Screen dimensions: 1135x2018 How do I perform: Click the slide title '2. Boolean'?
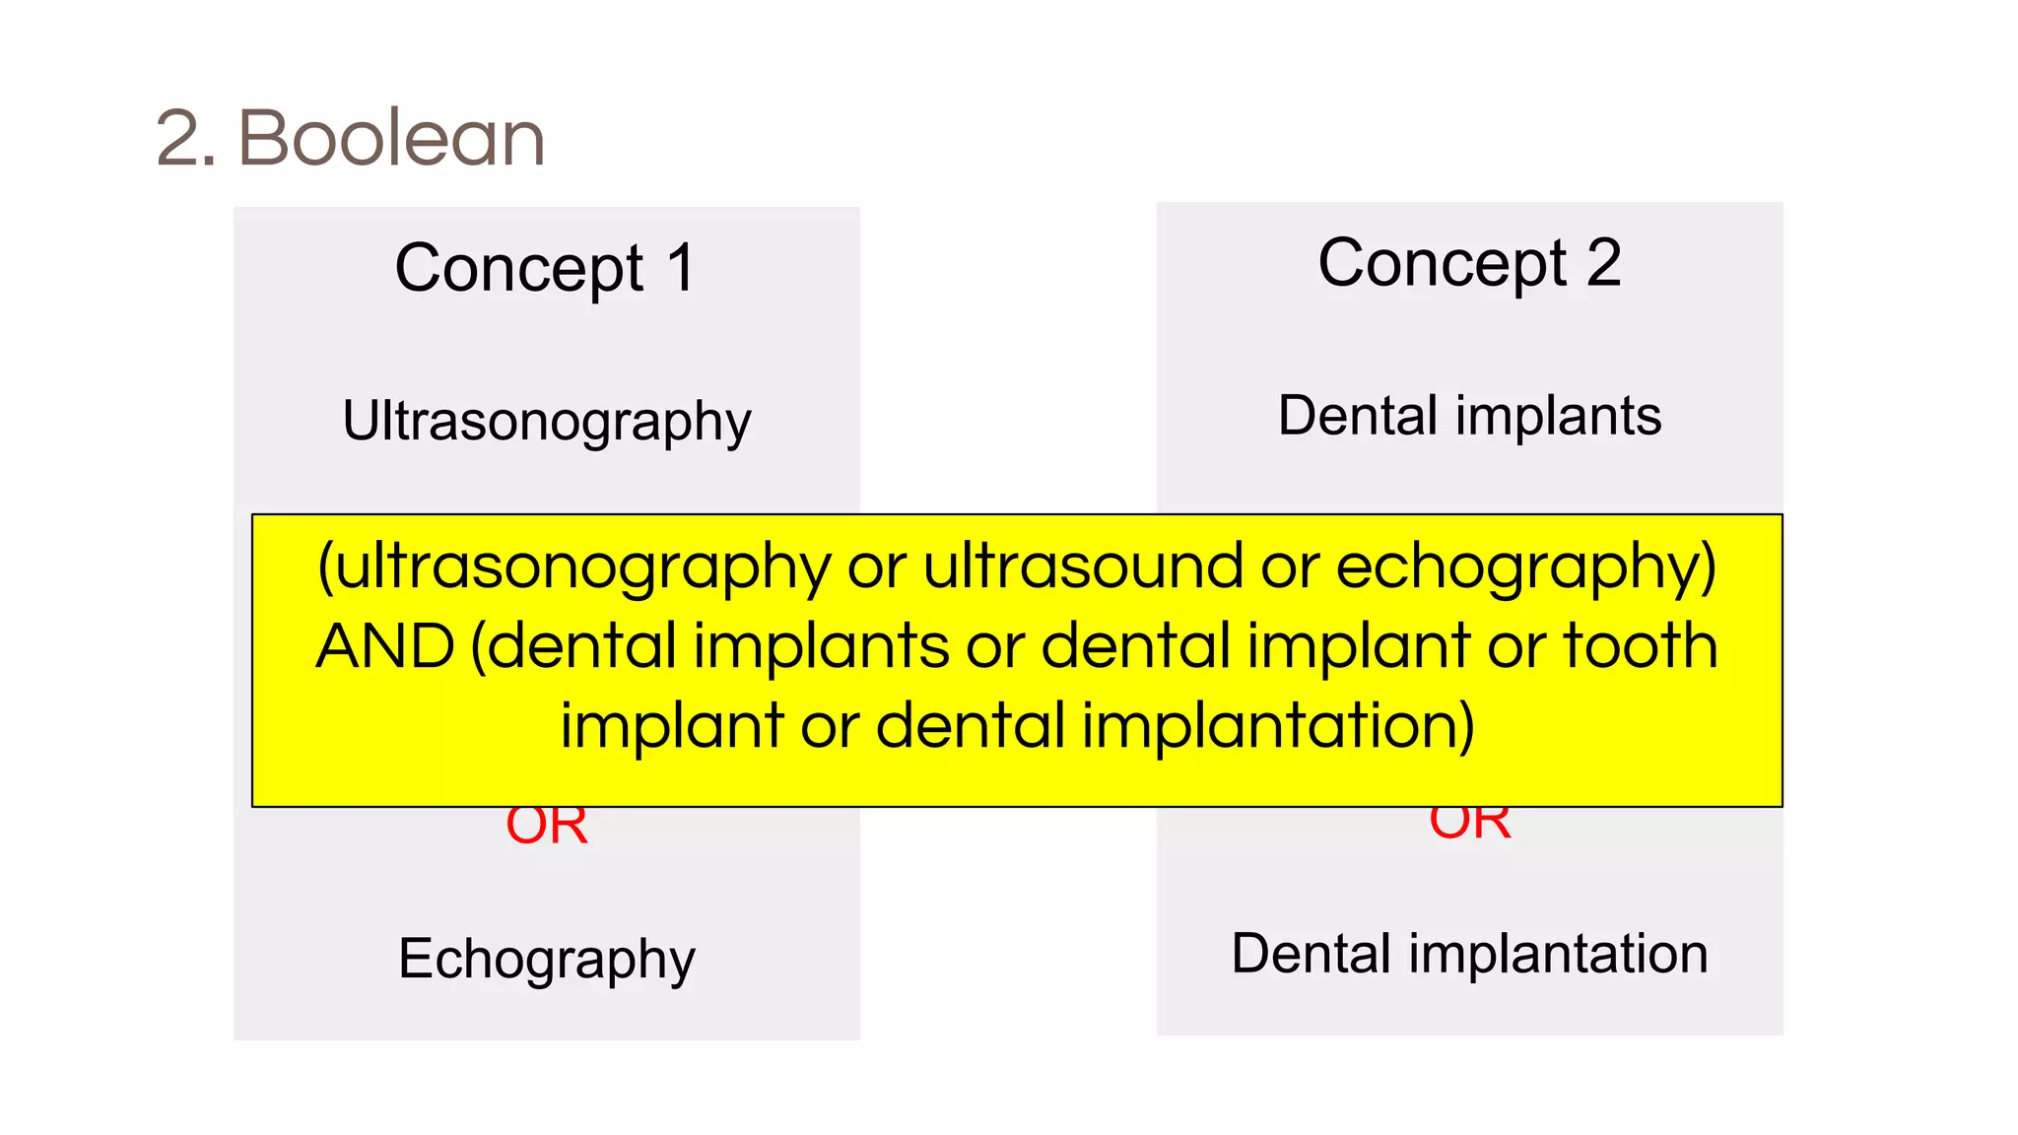pyautogui.click(x=350, y=138)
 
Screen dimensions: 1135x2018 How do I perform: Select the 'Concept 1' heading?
pyautogui.click(x=546, y=268)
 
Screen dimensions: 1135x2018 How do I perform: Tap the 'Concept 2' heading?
pyautogui.click(x=1469, y=263)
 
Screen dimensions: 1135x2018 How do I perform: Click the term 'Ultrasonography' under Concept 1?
pyautogui.click(x=546, y=421)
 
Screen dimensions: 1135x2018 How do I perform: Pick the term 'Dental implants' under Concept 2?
pyautogui.click(x=1469, y=416)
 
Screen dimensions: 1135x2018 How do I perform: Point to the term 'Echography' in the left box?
pyautogui.click(x=546, y=959)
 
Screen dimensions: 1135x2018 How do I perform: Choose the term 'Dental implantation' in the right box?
pyautogui.click(x=1469, y=954)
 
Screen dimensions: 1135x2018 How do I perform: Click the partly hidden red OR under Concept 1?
pyautogui.click(x=547, y=828)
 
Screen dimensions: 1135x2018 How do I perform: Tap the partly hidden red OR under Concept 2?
pyautogui.click(x=1470, y=824)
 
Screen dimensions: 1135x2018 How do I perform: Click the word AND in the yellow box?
pyautogui.click(x=385, y=646)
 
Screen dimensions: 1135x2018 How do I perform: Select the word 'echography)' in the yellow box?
pyautogui.click(x=1526, y=567)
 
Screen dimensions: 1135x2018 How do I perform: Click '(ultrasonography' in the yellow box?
pyautogui.click(x=574, y=567)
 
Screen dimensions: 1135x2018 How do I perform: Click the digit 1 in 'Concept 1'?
pyautogui.click(x=681, y=268)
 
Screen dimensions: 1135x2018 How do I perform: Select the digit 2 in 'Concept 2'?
pyautogui.click(x=1604, y=263)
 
